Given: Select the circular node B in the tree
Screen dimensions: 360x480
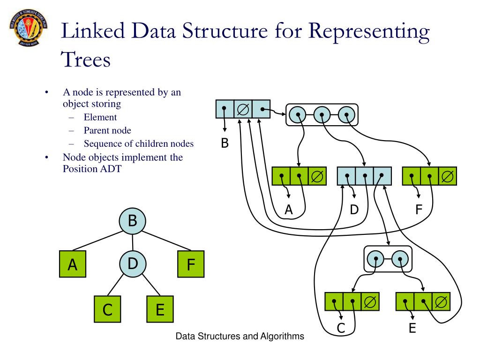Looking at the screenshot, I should [x=132, y=220].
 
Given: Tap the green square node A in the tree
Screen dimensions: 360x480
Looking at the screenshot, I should [x=72, y=265].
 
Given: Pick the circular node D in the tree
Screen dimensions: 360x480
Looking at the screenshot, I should [x=133, y=264].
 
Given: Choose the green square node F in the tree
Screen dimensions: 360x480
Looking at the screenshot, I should [x=191, y=265].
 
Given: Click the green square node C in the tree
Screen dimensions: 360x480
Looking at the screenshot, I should [x=107, y=309].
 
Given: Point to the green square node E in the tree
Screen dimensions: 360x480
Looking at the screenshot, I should [x=160, y=309].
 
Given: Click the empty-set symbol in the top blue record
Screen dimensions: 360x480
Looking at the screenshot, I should [x=243, y=109].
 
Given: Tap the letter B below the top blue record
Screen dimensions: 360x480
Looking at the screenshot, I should [x=225, y=144].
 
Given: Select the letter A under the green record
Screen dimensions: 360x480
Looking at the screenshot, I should [x=289, y=210].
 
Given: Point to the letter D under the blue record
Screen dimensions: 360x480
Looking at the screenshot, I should [x=354, y=210].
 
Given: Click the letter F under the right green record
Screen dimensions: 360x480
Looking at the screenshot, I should [x=419, y=210].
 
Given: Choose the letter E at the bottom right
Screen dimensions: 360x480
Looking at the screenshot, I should [x=412, y=329].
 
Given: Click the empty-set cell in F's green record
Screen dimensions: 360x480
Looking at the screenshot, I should [x=447, y=176].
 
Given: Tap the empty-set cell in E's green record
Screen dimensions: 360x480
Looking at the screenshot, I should [x=441, y=301].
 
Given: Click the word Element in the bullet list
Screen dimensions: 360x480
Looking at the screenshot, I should [x=100, y=117].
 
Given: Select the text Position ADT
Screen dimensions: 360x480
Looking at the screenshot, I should [x=92, y=169].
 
